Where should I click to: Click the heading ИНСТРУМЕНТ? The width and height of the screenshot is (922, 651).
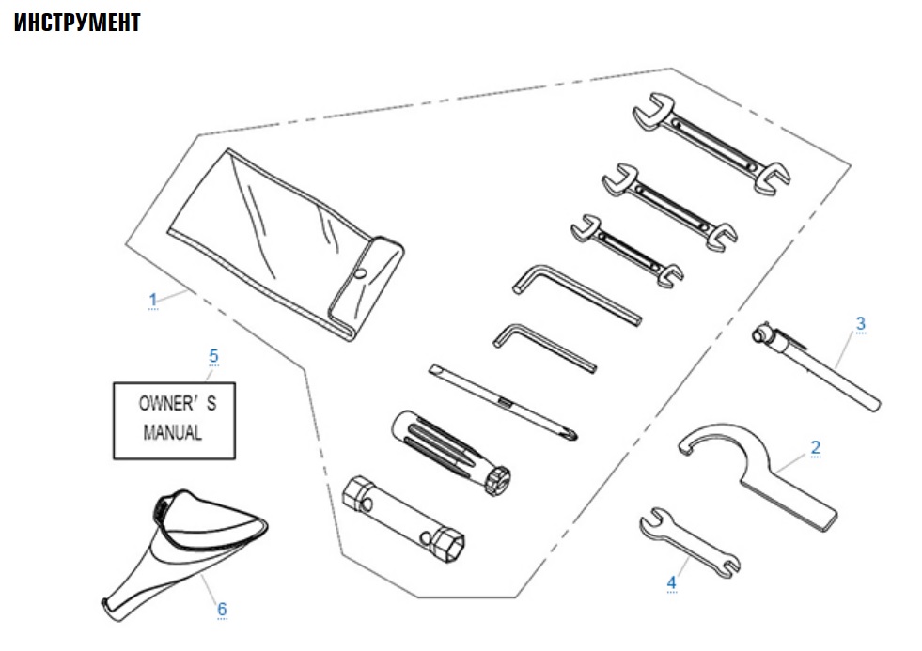coord(77,23)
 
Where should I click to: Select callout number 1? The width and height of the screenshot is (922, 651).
coord(152,300)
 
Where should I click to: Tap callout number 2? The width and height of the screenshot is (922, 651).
coord(815,447)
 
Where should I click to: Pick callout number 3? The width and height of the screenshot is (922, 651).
coord(860,323)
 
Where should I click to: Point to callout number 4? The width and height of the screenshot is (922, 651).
coord(671,582)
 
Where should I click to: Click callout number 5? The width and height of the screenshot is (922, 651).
coord(213,356)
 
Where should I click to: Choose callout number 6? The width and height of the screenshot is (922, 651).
coord(222,609)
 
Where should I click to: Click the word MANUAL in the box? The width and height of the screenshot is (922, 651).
coord(173,434)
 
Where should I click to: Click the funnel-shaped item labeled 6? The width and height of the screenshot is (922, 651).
coord(183,554)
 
